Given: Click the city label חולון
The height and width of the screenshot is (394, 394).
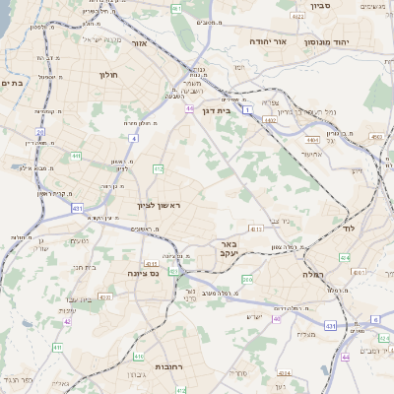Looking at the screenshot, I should click(108, 74).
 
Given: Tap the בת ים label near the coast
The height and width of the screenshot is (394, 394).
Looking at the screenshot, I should click(12, 84).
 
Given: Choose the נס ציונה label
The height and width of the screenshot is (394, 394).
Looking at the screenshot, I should click(145, 274).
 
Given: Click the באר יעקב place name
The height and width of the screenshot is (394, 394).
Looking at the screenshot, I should click(228, 248).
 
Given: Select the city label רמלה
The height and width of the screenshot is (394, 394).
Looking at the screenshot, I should click(313, 275).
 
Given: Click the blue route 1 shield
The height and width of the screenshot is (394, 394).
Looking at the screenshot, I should click(250, 109).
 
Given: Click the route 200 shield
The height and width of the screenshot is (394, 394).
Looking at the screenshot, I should click(247, 280).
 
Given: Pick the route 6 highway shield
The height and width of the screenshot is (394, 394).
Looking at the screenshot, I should click(375, 320).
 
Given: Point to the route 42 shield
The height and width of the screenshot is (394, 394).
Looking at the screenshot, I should click(67, 321).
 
